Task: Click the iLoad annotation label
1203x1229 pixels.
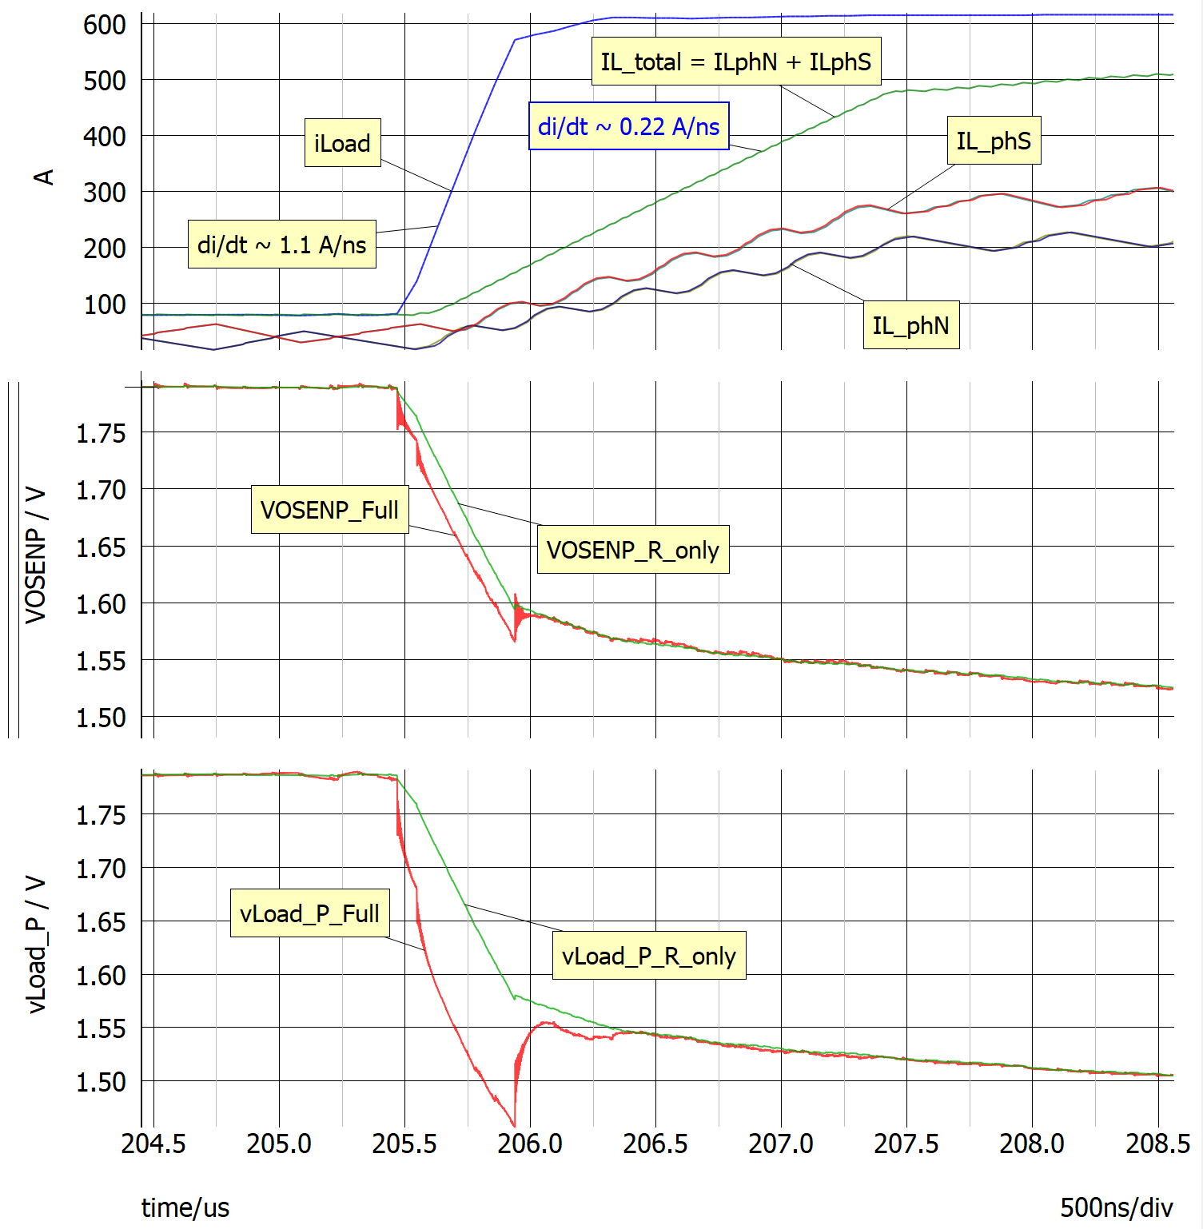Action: point(342,143)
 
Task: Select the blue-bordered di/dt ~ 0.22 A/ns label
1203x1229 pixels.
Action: point(628,126)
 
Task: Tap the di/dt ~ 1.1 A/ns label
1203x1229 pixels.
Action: point(281,244)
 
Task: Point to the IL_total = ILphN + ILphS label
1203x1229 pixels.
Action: point(735,62)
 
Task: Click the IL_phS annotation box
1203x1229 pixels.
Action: point(994,141)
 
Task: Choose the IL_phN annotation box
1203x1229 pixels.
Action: point(910,325)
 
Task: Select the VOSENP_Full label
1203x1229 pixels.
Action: point(329,509)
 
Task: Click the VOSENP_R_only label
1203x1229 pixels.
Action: point(632,550)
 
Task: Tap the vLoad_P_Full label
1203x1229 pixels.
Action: point(309,913)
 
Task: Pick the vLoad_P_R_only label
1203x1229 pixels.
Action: point(648,956)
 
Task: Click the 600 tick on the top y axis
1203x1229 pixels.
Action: point(105,25)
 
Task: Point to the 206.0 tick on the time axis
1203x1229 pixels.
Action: point(529,1143)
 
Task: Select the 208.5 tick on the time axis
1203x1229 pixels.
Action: point(1157,1143)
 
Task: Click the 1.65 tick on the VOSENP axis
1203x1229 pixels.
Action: point(101,547)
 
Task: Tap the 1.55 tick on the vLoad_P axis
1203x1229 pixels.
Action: point(101,1028)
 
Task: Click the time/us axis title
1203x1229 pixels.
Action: point(185,1207)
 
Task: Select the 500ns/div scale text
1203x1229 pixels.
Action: point(1116,1207)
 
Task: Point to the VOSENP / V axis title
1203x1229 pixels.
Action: point(35,555)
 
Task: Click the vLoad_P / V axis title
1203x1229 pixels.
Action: point(35,945)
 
